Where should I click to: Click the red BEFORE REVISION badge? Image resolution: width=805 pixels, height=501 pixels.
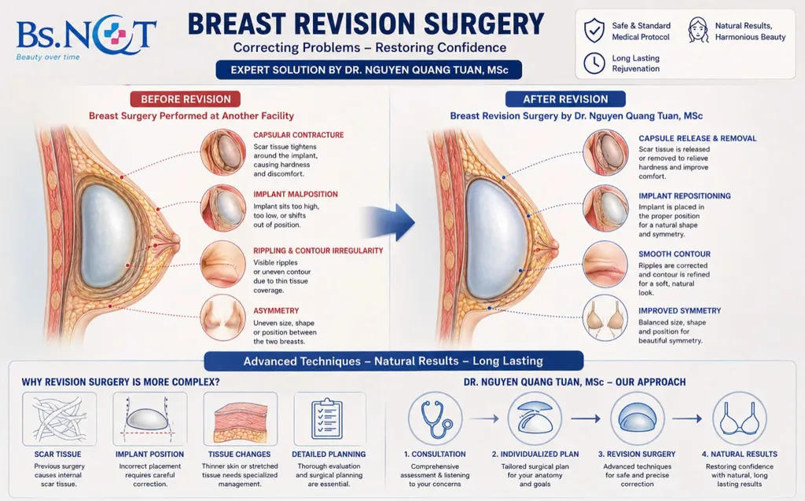click(186, 99)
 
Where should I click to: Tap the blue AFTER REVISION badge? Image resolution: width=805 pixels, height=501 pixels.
click(565, 99)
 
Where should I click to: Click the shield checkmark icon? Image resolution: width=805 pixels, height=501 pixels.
click(594, 31)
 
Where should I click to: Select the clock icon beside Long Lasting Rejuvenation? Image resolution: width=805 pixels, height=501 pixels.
click(594, 63)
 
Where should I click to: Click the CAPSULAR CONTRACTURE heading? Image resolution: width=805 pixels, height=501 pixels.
click(298, 135)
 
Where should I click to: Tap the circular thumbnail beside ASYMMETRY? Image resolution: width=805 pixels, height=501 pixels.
click(222, 318)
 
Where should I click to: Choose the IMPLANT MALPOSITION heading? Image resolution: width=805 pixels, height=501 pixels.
click(296, 194)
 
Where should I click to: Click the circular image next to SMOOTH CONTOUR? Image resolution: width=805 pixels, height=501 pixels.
click(605, 264)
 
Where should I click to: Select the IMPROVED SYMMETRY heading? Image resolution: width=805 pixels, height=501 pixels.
click(680, 311)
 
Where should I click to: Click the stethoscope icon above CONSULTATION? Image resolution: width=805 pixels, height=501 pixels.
click(436, 419)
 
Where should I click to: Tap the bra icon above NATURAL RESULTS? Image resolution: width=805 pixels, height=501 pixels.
click(739, 419)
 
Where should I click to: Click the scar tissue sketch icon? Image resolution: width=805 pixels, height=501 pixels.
click(59, 419)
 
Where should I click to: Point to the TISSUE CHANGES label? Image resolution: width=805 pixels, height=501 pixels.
click(239, 455)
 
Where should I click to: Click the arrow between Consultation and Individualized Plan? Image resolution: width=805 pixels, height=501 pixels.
click(483, 419)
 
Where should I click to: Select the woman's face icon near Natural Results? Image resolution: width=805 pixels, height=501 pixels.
click(698, 30)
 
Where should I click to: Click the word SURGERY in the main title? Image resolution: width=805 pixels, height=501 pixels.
click(485, 24)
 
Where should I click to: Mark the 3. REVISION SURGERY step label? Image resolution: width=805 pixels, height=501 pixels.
click(637, 455)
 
